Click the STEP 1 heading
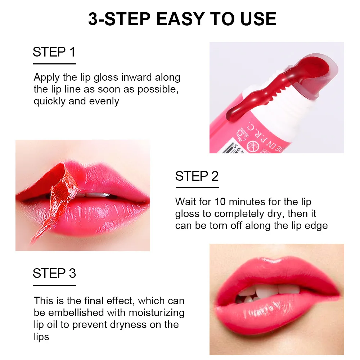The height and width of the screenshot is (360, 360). pos(54,52)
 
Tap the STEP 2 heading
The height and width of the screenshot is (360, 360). pos(197,176)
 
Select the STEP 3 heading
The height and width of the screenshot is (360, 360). pos(54,273)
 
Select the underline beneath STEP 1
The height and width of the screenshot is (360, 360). pos(54,64)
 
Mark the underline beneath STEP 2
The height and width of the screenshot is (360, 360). pos(197,188)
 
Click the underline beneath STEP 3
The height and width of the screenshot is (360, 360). pos(54,285)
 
